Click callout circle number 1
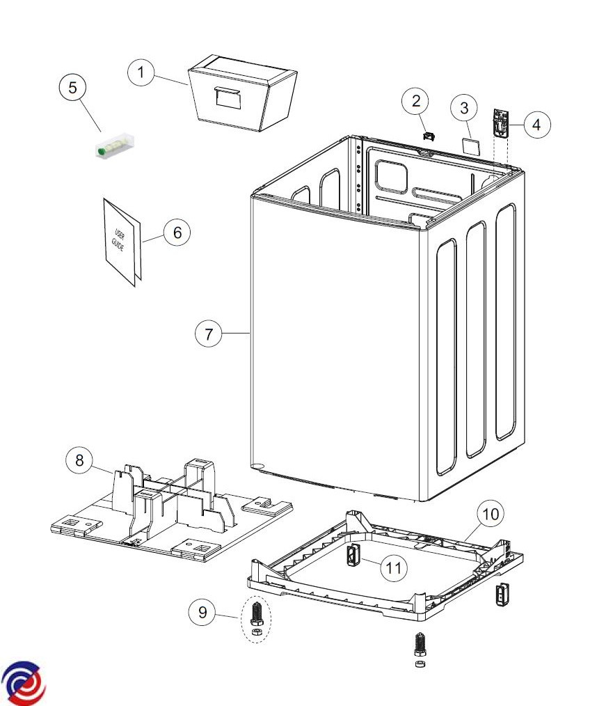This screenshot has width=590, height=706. click(x=141, y=72)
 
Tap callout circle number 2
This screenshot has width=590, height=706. click(x=416, y=101)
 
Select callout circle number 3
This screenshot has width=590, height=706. click(x=464, y=108)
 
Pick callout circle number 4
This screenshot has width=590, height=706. click(x=536, y=125)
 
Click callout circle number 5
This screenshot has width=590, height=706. click(x=73, y=87)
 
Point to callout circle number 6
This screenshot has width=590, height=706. click(x=177, y=233)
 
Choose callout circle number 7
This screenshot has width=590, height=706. click(x=208, y=334)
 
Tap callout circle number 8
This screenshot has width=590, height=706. click(x=79, y=460)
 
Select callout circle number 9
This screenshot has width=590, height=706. click(x=202, y=612)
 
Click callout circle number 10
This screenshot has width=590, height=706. click(x=491, y=513)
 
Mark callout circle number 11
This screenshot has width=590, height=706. click(x=394, y=567)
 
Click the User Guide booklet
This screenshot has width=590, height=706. click(x=122, y=242)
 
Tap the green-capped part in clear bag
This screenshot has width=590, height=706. click(x=115, y=146)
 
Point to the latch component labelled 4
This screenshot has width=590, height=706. click(x=501, y=123)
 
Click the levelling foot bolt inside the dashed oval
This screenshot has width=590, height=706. click(x=257, y=614)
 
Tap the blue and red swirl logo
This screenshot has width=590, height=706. click(x=24, y=684)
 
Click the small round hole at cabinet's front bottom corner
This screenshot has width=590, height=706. click(x=257, y=466)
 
